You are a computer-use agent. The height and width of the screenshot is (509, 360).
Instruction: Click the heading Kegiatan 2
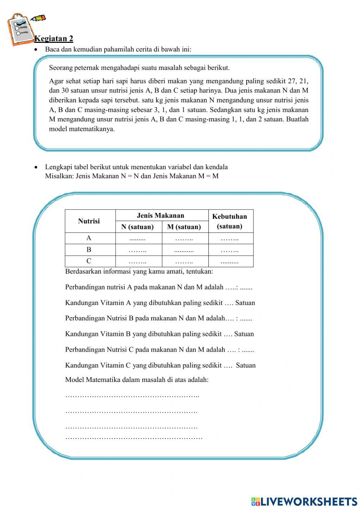pyautogui.click(x=54, y=39)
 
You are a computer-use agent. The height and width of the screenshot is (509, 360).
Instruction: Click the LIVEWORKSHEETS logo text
pyautogui.click(x=304, y=501)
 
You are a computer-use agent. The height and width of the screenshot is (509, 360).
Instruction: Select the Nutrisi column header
pyautogui.click(x=89, y=221)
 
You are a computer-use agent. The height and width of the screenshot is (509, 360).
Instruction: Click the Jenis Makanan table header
pyautogui.click(x=161, y=216)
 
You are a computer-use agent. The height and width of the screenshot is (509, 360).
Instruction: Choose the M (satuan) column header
pyautogui.click(x=184, y=227)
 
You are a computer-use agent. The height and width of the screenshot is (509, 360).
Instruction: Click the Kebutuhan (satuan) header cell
pyautogui.click(x=230, y=221)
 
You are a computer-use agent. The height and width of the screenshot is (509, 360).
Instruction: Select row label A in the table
pyautogui.click(x=89, y=238)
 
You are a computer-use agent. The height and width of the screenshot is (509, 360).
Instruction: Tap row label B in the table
pyautogui.click(x=89, y=249)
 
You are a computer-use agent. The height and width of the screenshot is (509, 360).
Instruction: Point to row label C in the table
pyautogui.click(x=89, y=261)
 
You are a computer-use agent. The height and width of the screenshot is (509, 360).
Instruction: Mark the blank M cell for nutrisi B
pyautogui.click(x=184, y=250)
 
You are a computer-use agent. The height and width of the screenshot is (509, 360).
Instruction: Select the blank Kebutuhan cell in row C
pyautogui.click(x=230, y=262)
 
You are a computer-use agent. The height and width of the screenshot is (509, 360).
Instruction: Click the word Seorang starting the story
pyautogui.click(x=60, y=68)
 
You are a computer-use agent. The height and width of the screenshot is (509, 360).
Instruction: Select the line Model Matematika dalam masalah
pyautogui.click(x=137, y=379)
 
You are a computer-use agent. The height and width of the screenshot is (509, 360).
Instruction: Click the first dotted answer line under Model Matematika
pyautogui.click(x=132, y=396)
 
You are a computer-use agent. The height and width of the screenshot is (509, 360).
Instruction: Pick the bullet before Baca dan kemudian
pyautogui.click(x=36, y=49)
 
